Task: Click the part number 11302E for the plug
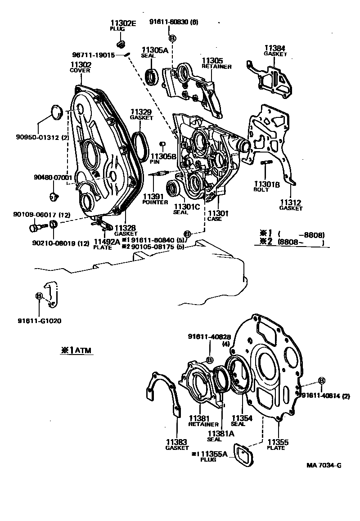[123, 23]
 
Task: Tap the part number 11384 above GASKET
[274, 48]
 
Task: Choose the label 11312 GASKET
[291, 205]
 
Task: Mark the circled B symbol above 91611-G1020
[39, 296]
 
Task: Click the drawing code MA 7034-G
[323, 465]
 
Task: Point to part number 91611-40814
[321, 395]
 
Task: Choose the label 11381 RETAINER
[203, 421]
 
